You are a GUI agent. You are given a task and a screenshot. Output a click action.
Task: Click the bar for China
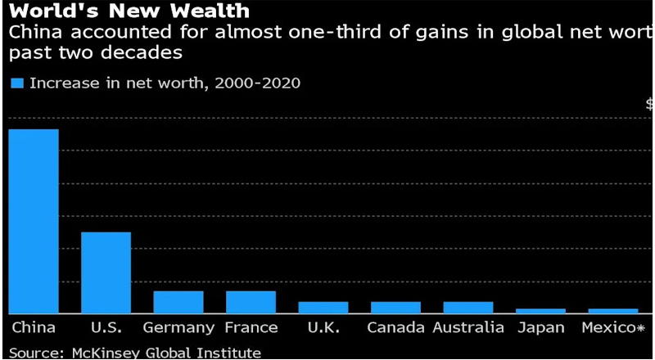click(34, 221)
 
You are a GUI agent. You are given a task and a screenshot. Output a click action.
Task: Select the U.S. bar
click(106, 272)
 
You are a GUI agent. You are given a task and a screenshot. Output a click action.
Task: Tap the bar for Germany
click(178, 302)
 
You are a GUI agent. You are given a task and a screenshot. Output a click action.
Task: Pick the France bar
click(251, 302)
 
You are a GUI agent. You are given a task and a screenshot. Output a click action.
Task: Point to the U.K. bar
click(323, 308)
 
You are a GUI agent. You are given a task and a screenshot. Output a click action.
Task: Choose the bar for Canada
click(395, 308)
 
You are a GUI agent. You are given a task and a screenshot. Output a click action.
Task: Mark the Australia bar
click(468, 308)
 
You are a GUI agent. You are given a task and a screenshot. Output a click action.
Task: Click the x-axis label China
click(34, 328)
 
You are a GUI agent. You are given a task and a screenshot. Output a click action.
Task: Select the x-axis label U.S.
click(106, 328)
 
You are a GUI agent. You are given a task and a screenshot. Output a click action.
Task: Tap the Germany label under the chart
click(178, 328)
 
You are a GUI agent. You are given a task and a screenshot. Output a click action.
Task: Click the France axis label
click(251, 328)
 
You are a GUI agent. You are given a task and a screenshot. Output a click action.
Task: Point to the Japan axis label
click(541, 328)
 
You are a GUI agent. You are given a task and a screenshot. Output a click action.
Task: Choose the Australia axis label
click(468, 328)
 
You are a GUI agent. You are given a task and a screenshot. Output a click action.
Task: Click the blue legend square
click(17, 83)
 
